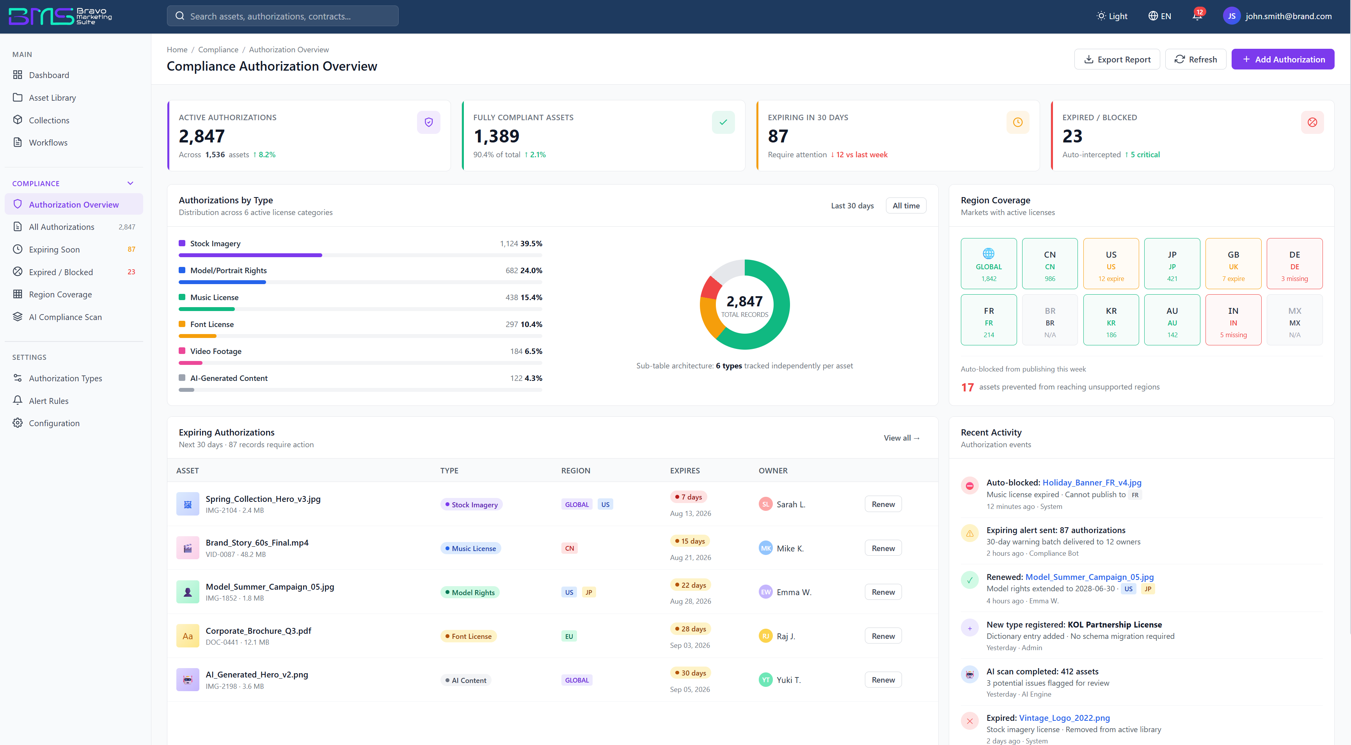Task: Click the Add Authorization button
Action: (1282, 59)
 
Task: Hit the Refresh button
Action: (1195, 59)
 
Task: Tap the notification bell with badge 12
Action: (1197, 15)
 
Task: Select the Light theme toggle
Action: (1112, 16)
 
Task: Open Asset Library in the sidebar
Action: (52, 98)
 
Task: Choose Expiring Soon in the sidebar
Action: (55, 249)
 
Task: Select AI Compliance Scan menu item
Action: (66, 317)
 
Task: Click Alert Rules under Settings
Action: (49, 401)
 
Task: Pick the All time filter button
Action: (906, 206)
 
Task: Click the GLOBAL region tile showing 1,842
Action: (989, 264)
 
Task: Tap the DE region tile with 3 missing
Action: (1294, 264)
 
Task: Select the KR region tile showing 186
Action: (1111, 320)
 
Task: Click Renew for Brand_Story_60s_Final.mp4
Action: (883, 548)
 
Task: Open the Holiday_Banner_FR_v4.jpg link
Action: (1092, 483)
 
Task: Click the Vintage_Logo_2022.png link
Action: (1064, 718)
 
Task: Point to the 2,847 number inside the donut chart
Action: (744, 301)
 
